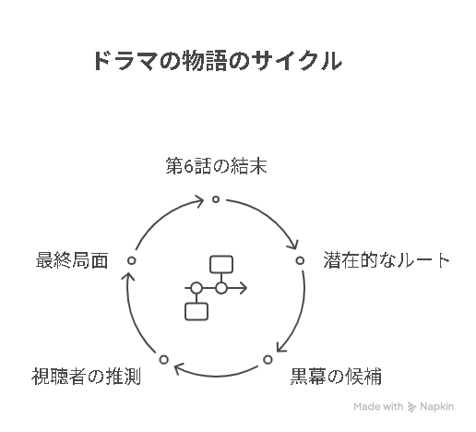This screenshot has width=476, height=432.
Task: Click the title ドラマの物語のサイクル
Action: pyautogui.click(x=218, y=61)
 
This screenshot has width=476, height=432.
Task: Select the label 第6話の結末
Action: pyautogui.click(x=216, y=166)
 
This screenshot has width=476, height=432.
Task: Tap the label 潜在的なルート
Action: pyautogui.click(x=387, y=260)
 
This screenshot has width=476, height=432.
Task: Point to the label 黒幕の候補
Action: pyautogui.click(x=336, y=376)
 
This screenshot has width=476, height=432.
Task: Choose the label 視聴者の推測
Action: pyautogui.click(x=86, y=376)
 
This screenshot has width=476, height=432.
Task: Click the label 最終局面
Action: pyautogui.click(x=72, y=260)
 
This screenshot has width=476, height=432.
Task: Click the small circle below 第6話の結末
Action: pyautogui.click(x=216, y=199)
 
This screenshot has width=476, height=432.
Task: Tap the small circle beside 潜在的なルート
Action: pyautogui.click(x=300, y=260)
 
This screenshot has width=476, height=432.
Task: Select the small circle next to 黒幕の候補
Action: pyautogui.click(x=268, y=359)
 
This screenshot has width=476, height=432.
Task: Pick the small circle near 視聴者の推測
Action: pyautogui.click(x=164, y=359)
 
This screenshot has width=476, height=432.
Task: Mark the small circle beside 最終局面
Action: pyautogui.click(x=132, y=260)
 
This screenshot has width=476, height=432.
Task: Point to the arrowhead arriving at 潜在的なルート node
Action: pyautogui.click(x=293, y=244)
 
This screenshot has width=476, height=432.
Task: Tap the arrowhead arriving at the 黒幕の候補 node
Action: pyautogui.click(x=281, y=347)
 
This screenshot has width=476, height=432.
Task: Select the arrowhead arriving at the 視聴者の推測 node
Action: pyautogui.click(x=179, y=368)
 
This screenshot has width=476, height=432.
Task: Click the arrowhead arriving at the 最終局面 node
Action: pyautogui.click(x=128, y=277)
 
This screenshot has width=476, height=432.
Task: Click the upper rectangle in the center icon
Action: pyautogui.click(x=221, y=264)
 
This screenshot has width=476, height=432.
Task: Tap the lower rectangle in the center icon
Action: pyautogui.click(x=196, y=311)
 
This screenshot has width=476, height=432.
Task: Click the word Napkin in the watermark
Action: pyautogui.click(x=437, y=407)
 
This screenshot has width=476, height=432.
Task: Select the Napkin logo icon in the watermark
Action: pyautogui.click(x=411, y=407)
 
